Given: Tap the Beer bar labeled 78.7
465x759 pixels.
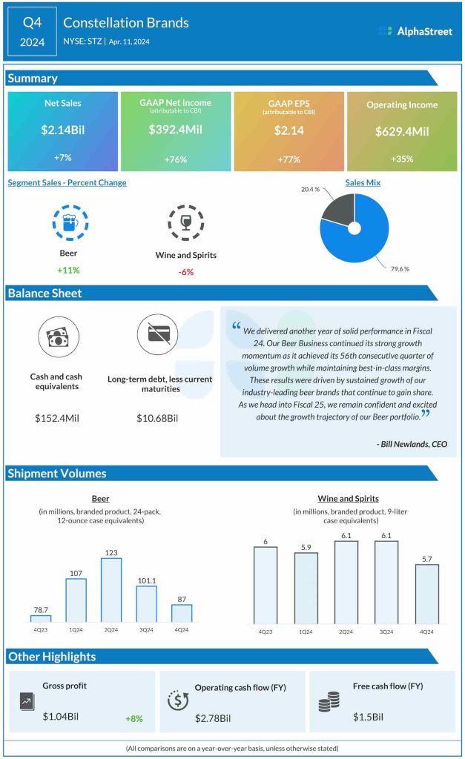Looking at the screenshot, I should pyautogui.click(x=41, y=618).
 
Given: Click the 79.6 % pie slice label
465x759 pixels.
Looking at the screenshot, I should pyautogui.click(x=399, y=268).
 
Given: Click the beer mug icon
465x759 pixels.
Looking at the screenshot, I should pyautogui.click(x=70, y=222).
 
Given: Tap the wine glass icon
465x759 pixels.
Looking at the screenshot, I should pyautogui.click(x=185, y=222).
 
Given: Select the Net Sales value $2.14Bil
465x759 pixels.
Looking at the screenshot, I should pyautogui.click(x=63, y=130).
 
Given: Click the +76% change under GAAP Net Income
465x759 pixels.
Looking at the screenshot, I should pyautogui.click(x=176, y=159).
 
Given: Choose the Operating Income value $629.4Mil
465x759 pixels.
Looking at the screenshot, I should pyautogui.click(x=401, y=131).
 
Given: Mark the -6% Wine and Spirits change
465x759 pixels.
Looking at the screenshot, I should pyautogui.click(x=185, y=272).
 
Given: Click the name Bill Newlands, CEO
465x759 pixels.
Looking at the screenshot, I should pyautogui.click(x=412, y=444).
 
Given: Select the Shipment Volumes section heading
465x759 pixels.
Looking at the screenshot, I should pyautogui.click(x=57, y=473).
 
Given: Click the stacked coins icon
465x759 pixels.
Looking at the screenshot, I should pyautogui.click(x=329, y=701).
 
